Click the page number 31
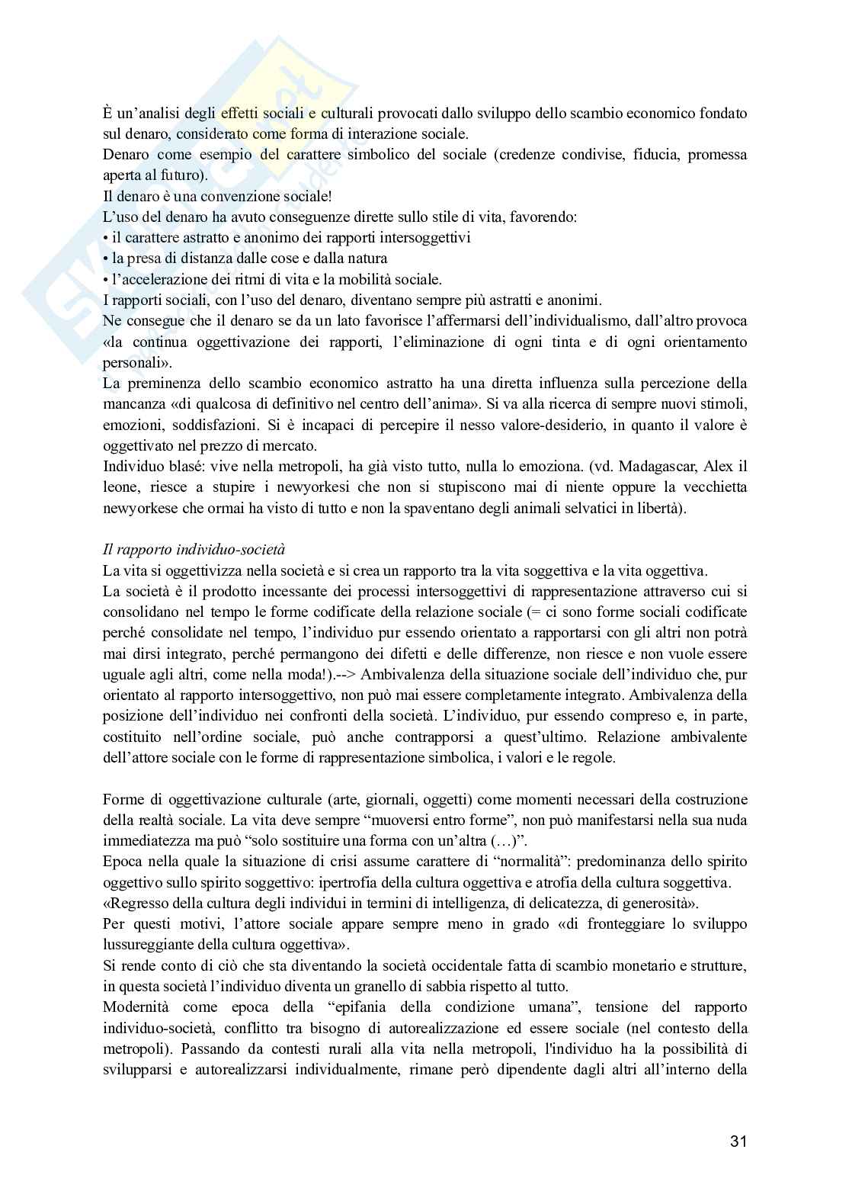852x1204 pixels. pyautogui.click(x=738, y=1141)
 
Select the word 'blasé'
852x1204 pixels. pyautogui.click(x=175, y=466)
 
